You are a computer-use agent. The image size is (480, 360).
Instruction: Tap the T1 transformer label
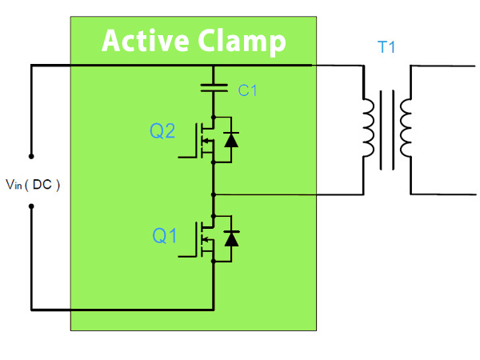[x=387, y=48]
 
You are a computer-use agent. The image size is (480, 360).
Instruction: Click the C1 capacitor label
[x=248, y=90]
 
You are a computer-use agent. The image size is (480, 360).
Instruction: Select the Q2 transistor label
[x=163, y=131]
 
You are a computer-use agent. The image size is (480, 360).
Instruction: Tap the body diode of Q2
[x=232, y=140]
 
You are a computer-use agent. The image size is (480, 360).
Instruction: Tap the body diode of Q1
[x=232, y=238]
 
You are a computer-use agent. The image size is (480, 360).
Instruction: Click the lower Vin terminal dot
[x=31, y=206]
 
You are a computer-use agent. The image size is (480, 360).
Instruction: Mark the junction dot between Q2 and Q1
[x=214, y=194]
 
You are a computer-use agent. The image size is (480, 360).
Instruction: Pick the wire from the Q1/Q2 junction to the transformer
[x=288, y=194]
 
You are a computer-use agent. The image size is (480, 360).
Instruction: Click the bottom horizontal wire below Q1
[x=120, y=309]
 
